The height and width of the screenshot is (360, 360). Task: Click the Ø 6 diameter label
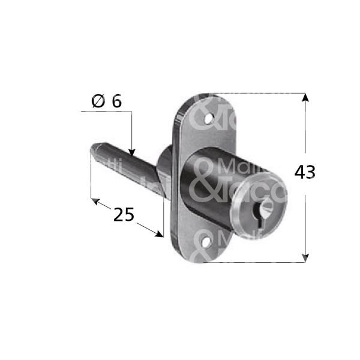tap(107, 101)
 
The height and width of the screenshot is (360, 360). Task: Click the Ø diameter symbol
tap(99, 101)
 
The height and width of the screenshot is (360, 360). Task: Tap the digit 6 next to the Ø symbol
tap(116, 101)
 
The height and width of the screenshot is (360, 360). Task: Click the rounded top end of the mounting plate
tap(198, 102)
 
